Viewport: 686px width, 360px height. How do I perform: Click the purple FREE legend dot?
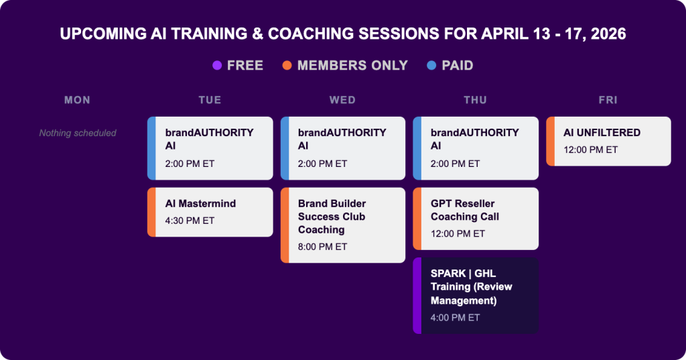click(217, 66)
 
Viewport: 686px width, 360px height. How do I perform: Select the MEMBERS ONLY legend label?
click(352, 66)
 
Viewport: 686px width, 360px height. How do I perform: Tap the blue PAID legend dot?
click(431, 66)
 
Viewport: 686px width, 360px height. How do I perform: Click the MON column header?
click(77, 100)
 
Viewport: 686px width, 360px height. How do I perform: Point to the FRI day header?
click(608, 100)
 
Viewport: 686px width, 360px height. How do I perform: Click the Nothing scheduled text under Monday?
click(78, 133)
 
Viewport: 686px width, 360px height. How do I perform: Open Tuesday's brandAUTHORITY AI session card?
click(210, 148)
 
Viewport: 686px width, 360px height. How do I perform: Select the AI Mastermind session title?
click(200, 204)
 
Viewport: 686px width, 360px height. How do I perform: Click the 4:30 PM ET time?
click(190, 221)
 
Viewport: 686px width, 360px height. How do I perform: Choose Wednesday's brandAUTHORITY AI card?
click(343, 148)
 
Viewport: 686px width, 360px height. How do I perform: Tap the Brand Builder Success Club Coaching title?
click(332, 217)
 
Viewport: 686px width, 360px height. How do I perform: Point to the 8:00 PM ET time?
click(322, 247)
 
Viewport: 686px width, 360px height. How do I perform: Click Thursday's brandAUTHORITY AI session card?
click(476, 148)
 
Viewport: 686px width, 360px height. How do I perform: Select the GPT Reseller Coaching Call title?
click(465, 210)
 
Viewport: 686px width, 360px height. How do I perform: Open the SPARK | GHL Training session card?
click(476, 295)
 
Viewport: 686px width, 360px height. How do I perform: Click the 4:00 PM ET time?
click(455, 318)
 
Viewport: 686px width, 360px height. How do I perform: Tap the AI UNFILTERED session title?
click(602, 133)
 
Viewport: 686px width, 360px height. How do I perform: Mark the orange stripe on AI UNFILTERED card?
click(550, 141)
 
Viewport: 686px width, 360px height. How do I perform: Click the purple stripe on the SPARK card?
click(417, 295)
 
